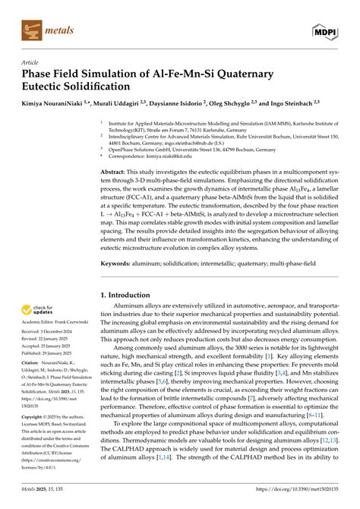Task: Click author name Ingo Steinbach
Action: coord(292,100)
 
